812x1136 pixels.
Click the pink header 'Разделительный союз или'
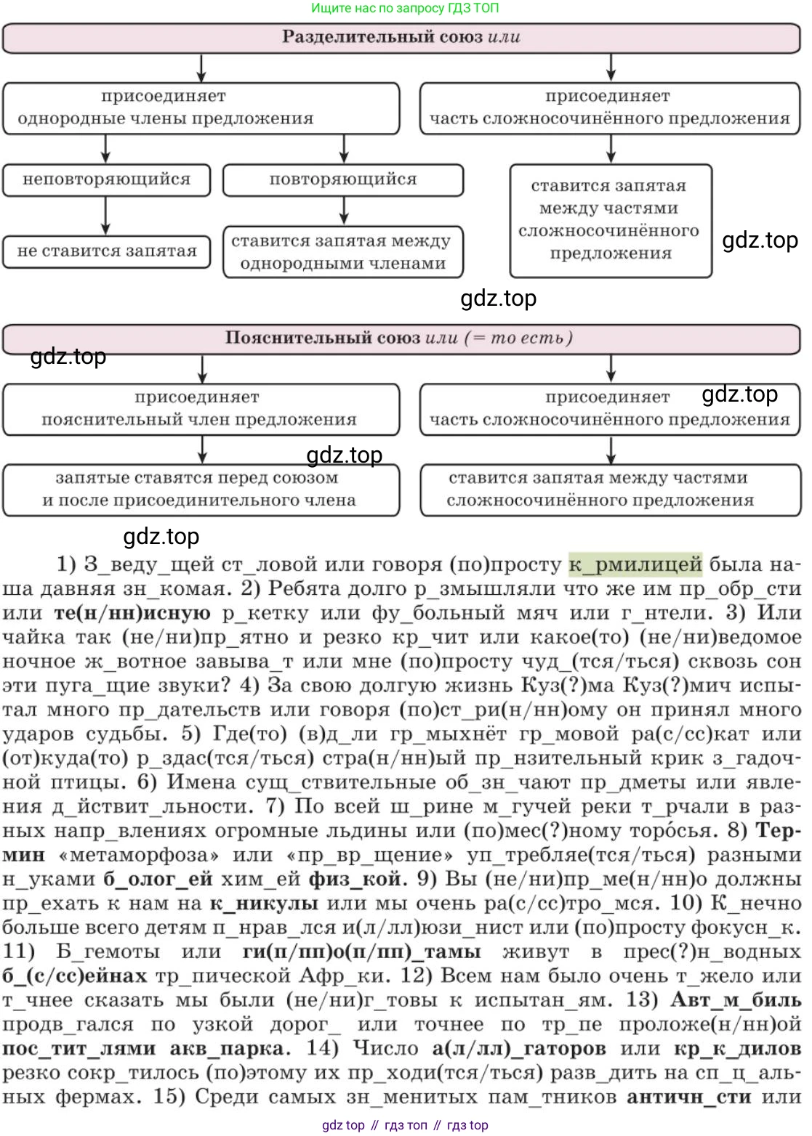pos(401,38)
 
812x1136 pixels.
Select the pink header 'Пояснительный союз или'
pos(401,338)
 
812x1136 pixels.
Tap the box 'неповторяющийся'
pos(106,179)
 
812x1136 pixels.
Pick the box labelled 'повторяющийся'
pos(343,179)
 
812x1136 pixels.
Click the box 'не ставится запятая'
pos(106,251)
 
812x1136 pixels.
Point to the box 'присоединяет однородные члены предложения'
pos(201,108)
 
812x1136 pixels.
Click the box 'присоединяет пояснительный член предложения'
pos(201,409)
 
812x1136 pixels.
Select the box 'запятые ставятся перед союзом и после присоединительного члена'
pos(201,490)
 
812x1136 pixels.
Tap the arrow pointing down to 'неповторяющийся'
pos(106,149)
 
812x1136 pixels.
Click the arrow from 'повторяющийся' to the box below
pos(343,211)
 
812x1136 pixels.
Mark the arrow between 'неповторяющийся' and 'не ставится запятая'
pos(106,216)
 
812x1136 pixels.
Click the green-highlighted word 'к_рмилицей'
pos(635,564)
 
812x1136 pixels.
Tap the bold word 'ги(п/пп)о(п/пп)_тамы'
pos(361,952)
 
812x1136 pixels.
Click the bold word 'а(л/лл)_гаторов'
pos(519,1048)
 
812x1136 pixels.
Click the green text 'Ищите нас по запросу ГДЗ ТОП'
pos(405,8)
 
